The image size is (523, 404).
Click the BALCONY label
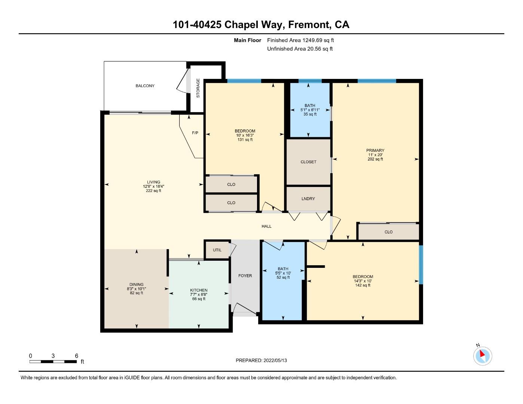(x=145, y=86)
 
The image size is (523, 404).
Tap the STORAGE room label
(x=198, y=88)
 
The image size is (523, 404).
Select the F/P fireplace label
(x=195, y=133)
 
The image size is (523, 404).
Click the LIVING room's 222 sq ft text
(x=153, y=191)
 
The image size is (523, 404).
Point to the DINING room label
(x=137, y=285)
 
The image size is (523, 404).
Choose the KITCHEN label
(x=199, y=290)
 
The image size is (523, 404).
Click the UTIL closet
(x=217, y=250)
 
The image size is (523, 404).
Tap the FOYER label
(x=245, y=276)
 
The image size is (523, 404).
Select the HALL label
(x=266, y=226)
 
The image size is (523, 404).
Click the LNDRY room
(x=308, y=199)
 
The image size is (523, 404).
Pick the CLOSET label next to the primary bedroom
(x=308, y=162)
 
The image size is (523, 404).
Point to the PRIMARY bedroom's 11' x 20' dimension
(x=375, y=155)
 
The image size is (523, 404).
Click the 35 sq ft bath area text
(x=310, y=114)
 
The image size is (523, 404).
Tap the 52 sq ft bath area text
(x=283, y=278)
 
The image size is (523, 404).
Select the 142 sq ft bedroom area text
(x=363, y=285)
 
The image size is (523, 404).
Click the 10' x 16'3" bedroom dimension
(x=245, y=135)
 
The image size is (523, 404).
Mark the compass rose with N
(x=482, y=355)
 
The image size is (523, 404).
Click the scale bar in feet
(x=53, y=361)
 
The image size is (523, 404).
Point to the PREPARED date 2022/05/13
(x=261, y=361)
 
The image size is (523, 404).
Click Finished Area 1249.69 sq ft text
(x=300, y=40)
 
